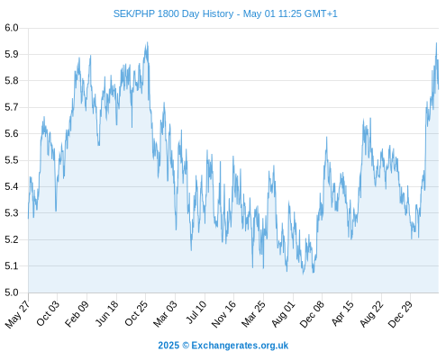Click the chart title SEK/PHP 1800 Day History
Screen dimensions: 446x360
click(x=173, y=13)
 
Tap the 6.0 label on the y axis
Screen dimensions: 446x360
click(x=12, y=28)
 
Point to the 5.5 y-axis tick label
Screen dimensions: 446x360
click(x=12, y=160)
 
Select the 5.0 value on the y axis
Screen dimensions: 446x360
click(x=12, y=292)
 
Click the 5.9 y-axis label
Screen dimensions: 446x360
click(x=12, y=54)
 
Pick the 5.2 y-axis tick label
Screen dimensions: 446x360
click(x=12, y=239)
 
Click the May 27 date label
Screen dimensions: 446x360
click(x=17, y=314)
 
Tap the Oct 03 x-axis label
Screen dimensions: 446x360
click(x=48, y=313)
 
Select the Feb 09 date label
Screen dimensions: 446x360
click(x=77, y=313)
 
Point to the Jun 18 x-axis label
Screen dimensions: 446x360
click(x=106, y=313)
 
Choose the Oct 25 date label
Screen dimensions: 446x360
click(x=136, y=313)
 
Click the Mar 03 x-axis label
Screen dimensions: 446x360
click(x=165, y=314)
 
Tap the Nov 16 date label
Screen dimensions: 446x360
click(x=223, y=314)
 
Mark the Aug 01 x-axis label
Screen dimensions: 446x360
click(x=283, y=314)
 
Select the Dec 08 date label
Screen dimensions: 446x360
click(x=312, y=314)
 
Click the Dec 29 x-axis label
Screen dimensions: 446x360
click(x=400, y=314)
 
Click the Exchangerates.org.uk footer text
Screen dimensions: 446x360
click(x=240, y=346)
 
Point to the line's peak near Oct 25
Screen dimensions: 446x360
click(x=147, y=42)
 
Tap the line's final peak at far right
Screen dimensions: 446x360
click(x=436, y=43)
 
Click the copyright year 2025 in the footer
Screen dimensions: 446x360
click(x=168, y=346)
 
